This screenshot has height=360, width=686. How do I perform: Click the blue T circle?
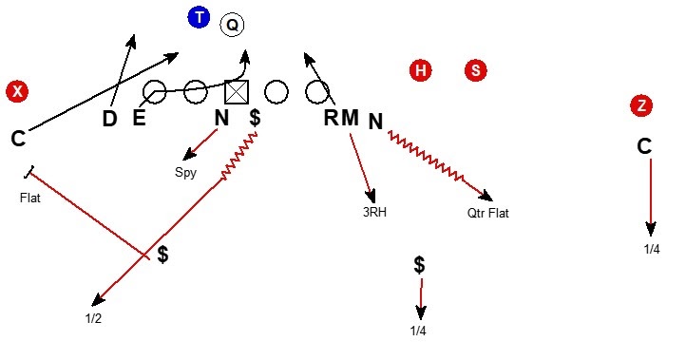pos(198,17)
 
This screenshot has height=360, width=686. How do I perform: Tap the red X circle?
pos(16,91)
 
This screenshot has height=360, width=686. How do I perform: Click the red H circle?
pos(421,70)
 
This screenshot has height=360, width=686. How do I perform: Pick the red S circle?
pos(476,70)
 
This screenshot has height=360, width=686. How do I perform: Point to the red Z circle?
pos(643,106)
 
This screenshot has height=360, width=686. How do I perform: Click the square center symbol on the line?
pos(236,92)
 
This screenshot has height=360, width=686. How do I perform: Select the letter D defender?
pos(110,119)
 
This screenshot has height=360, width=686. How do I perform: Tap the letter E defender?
pos(139,119)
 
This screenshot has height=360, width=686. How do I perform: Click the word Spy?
pos(185,173)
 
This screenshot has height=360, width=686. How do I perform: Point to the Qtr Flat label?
pos(487,213)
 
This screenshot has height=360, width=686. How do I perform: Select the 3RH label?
pos(373,213)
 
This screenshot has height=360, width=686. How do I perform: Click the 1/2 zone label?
pos(92,318)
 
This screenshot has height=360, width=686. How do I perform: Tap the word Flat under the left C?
pos(30,199)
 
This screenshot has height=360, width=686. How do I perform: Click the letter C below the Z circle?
pos(644,146)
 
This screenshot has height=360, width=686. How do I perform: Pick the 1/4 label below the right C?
pos(652,249)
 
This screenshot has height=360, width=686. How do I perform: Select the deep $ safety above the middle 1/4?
pos(419,265)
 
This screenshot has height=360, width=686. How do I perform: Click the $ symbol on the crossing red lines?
pos(163,255)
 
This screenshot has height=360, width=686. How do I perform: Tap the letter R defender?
pos(332,119)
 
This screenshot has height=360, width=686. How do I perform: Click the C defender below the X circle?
pos(18,139)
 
